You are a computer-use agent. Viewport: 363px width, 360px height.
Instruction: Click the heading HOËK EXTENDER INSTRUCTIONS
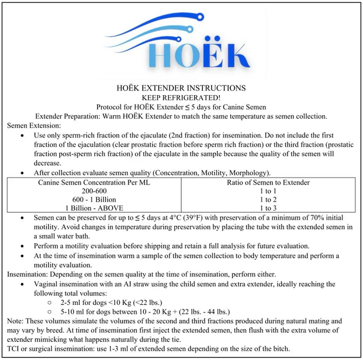click(x=181, y=88)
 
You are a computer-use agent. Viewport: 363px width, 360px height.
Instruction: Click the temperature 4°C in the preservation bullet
click(x=166, y=218)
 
